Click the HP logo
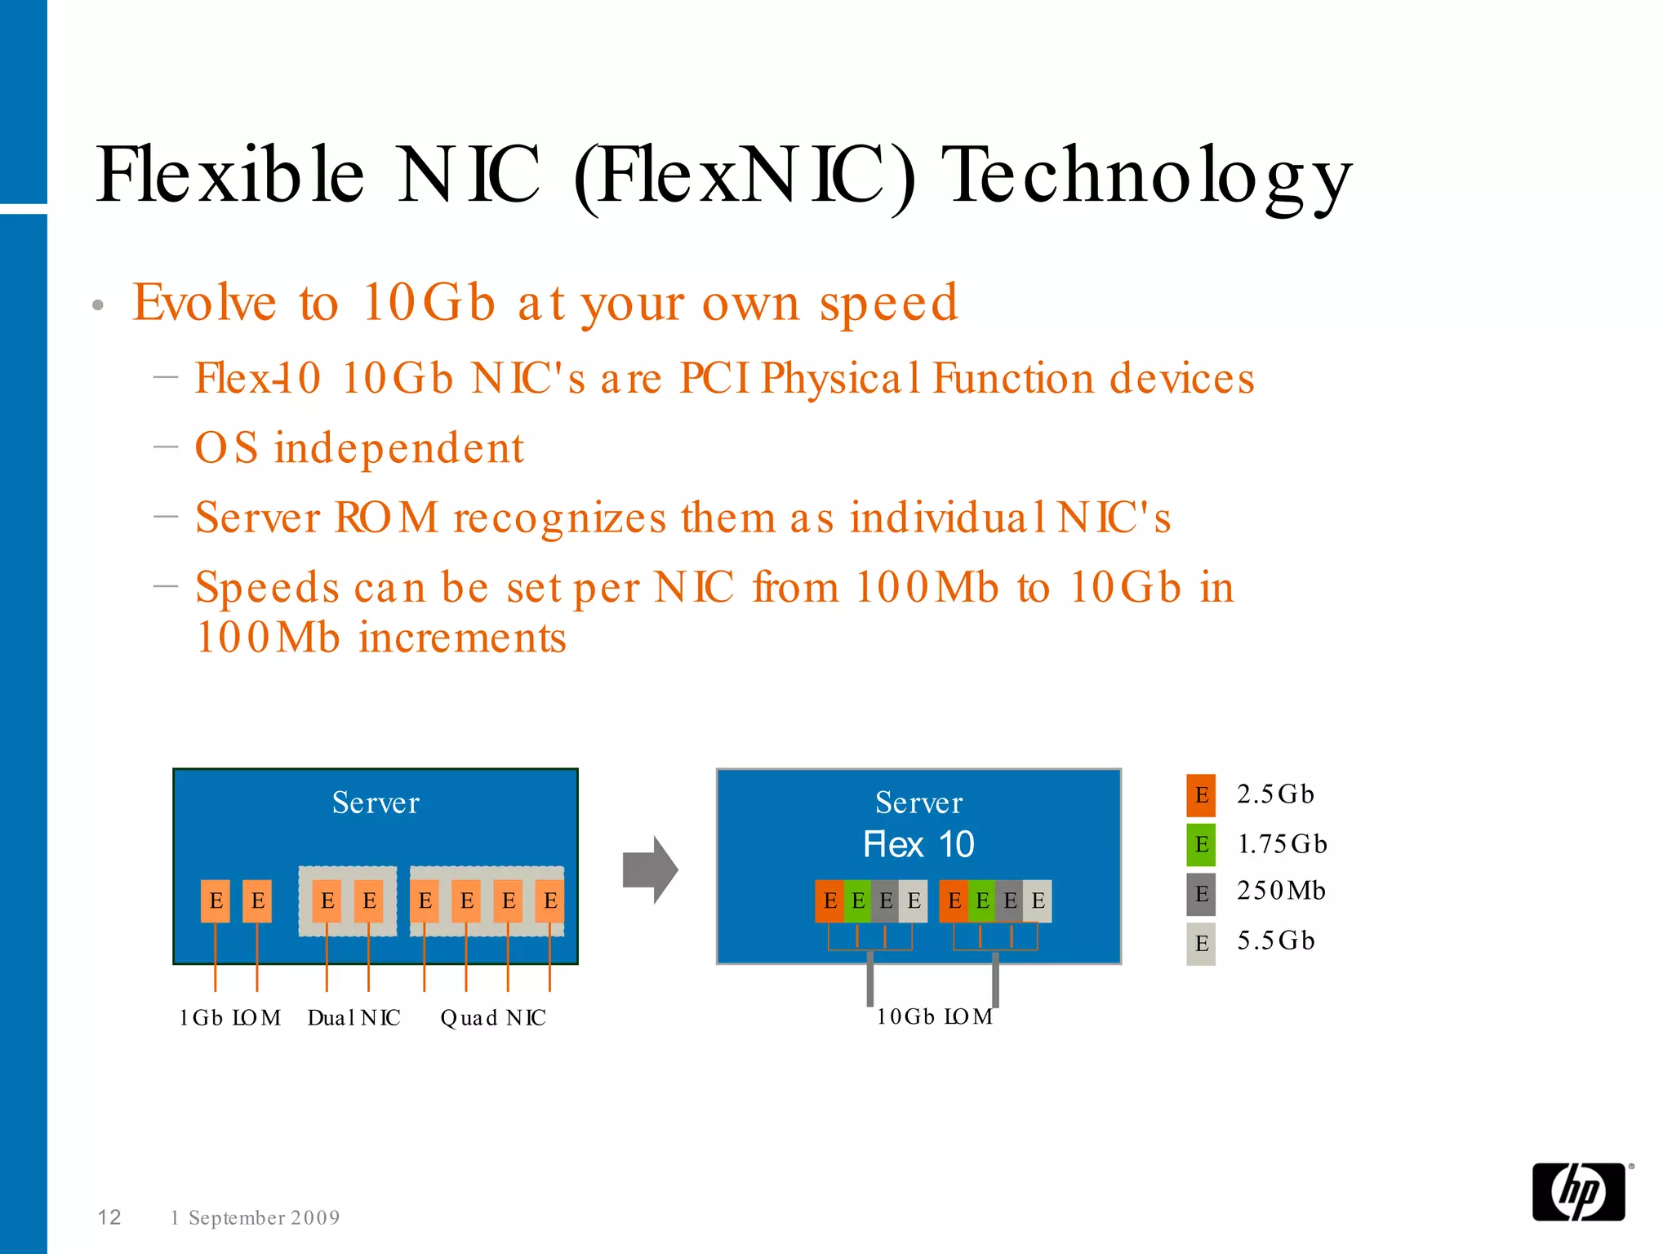point(1578,1191)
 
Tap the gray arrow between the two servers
point(650,869)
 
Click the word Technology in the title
point(1146,176)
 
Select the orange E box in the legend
point(1200,795)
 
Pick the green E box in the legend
point(1200,844)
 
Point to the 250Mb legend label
point(1280,891)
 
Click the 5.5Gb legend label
point(1275,940)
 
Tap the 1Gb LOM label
point(229,1018)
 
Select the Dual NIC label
point(354,1018)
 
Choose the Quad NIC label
point(493,1018)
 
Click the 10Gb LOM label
point(934,1016)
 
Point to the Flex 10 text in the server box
point(918,845)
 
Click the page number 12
point(109,1217)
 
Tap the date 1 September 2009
point(255,1218)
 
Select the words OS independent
point(359,448)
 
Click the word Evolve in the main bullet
point(204,303)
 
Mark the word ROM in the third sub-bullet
point(386,518)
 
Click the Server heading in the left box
point(376,803)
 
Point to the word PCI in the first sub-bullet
point(714,379)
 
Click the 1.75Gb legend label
point(1282,843)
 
